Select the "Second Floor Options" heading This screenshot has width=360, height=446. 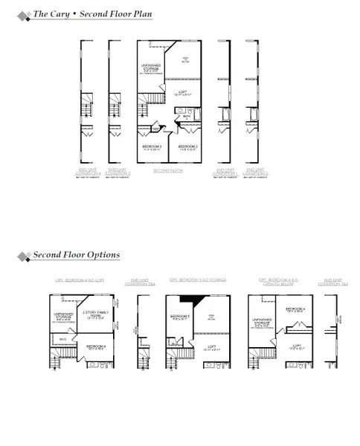pos(76,255)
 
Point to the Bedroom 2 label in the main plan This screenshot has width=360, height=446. pos(187,147)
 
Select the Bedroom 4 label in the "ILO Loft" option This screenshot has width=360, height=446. pos(95,346)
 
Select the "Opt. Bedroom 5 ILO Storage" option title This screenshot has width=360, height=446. pos(198,280)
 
